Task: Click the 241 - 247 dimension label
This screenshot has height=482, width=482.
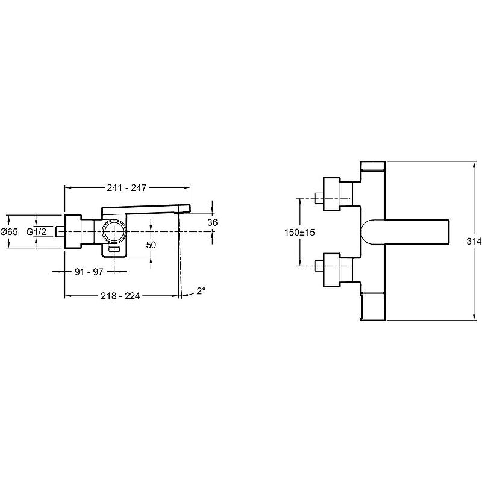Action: pos(127,187)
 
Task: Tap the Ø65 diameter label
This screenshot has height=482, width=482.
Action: pos(9,232)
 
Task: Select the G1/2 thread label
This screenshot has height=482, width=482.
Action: pos(36,231)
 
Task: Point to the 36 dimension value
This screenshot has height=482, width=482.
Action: pos(213,222)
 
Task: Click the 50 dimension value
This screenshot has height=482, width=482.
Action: pos(151,245)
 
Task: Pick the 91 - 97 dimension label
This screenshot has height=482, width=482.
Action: pos(89,272)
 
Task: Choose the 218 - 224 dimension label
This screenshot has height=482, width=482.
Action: pos(120,296)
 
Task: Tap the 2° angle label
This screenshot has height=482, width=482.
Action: pos(201,290)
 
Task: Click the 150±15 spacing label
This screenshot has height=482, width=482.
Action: pos(299,233)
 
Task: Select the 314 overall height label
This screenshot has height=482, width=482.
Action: pos(474,242)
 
